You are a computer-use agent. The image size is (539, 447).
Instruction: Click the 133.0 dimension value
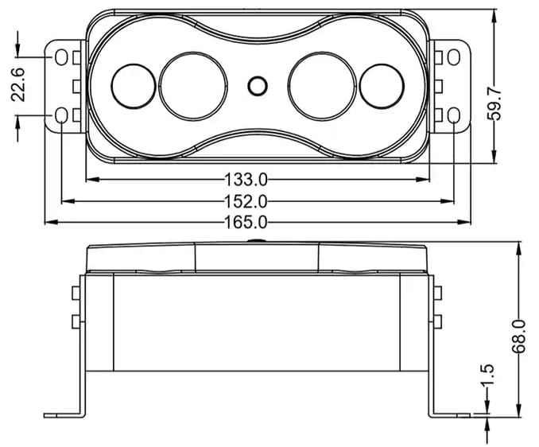coord(246,180)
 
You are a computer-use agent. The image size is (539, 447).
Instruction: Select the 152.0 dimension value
coord(246,201)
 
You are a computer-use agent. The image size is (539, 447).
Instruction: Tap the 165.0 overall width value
coord(246,223)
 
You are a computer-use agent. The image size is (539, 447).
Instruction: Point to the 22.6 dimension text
coord(17,84)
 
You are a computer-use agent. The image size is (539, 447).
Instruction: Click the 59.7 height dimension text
coord(494,103)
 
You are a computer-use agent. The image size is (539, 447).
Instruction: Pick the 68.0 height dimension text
coord(518,336)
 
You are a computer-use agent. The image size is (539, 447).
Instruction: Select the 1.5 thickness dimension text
coord(488,375)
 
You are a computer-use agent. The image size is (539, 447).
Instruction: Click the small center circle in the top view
coord(258,86)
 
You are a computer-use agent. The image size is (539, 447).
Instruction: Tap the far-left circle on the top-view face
coord(134,87)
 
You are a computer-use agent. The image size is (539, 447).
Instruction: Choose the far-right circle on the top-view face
coord(382,87)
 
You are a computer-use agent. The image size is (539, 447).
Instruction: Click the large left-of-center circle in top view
coord(193,87)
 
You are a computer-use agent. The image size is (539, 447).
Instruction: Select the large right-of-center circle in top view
coord(322,87)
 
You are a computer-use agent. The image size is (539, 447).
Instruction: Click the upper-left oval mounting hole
coord(61,57)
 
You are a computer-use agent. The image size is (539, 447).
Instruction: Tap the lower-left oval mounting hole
coord(61,115)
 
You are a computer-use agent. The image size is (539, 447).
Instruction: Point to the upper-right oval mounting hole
coord(454,57)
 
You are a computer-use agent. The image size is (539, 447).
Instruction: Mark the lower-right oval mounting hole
coord(454,115)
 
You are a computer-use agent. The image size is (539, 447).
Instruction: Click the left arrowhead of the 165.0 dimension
coord(52,223)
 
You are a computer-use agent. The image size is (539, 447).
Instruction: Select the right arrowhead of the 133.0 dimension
coord(423,180)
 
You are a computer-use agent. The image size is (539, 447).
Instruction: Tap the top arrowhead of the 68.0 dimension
coord(518,248)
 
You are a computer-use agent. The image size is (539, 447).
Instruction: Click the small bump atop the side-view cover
coord(256,241)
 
